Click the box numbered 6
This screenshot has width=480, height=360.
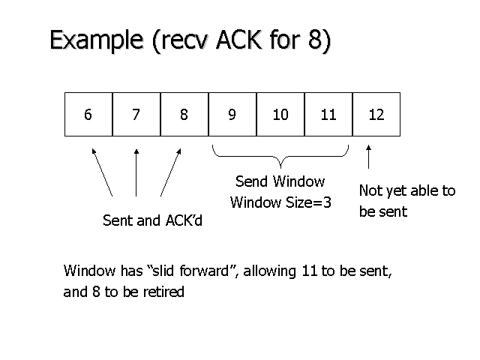[x=88, y=115]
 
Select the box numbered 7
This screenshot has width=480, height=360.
[x=136, y=115]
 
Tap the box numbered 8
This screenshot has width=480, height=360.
[x=184, y=115]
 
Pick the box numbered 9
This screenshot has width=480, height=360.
[x=232, y=115]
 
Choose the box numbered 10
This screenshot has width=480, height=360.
[x=280, y=115]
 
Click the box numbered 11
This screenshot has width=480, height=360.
[x=328, y=115]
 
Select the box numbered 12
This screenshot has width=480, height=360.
[x=376, y=115]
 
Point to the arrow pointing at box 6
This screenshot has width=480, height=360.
[x=102, y=172]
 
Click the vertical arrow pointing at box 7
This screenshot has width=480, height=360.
[x=136, y=172]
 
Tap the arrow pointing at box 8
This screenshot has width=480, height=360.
[x=171, y=172]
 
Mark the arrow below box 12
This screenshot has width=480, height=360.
[x=368, y=157]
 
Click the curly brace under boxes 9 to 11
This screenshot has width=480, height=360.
[x=280, y=157]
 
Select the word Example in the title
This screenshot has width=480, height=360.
[x=97, y=40]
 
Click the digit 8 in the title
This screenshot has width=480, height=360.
[x=315, y=39]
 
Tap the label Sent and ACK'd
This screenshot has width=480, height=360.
[x=152, y=220]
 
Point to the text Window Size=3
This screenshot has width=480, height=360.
[x=280, y=202]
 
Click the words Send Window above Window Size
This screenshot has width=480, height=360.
[x=280, y=181]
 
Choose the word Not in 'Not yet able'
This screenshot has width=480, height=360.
[x=370, y=190]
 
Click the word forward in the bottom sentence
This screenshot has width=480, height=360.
[x=204, y=271]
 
